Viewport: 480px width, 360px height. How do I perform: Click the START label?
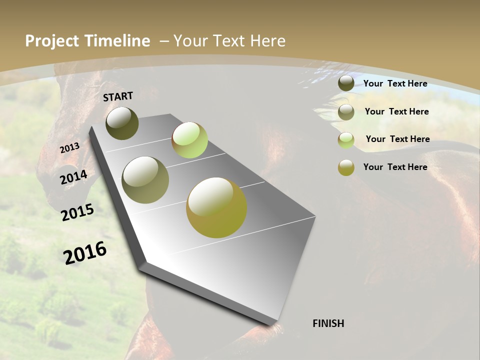point(118,96)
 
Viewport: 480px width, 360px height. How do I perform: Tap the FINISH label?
point(328,323)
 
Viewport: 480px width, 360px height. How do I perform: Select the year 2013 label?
point(70,147)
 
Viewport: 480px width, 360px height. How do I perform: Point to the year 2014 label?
point(74,177)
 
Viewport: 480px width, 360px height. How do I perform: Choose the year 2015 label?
point(77,212)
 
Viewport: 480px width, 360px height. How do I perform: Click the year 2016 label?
point(85,252)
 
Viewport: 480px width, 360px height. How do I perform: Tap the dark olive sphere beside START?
point(122,123)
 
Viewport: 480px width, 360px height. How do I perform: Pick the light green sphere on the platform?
point(189,140)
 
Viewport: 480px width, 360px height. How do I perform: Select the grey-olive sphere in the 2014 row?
point(145,180)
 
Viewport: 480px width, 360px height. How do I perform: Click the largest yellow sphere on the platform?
point(216,207)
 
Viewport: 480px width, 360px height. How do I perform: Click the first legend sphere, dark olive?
point(346,83)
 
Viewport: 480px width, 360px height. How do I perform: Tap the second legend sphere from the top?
point(346,112)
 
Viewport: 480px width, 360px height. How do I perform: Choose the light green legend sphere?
point(346,140)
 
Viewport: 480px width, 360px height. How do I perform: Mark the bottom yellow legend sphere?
point(346,167)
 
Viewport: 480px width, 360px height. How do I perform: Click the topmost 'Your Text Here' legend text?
point(395,83)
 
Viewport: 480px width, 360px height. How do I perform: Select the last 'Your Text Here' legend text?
point(395,167)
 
